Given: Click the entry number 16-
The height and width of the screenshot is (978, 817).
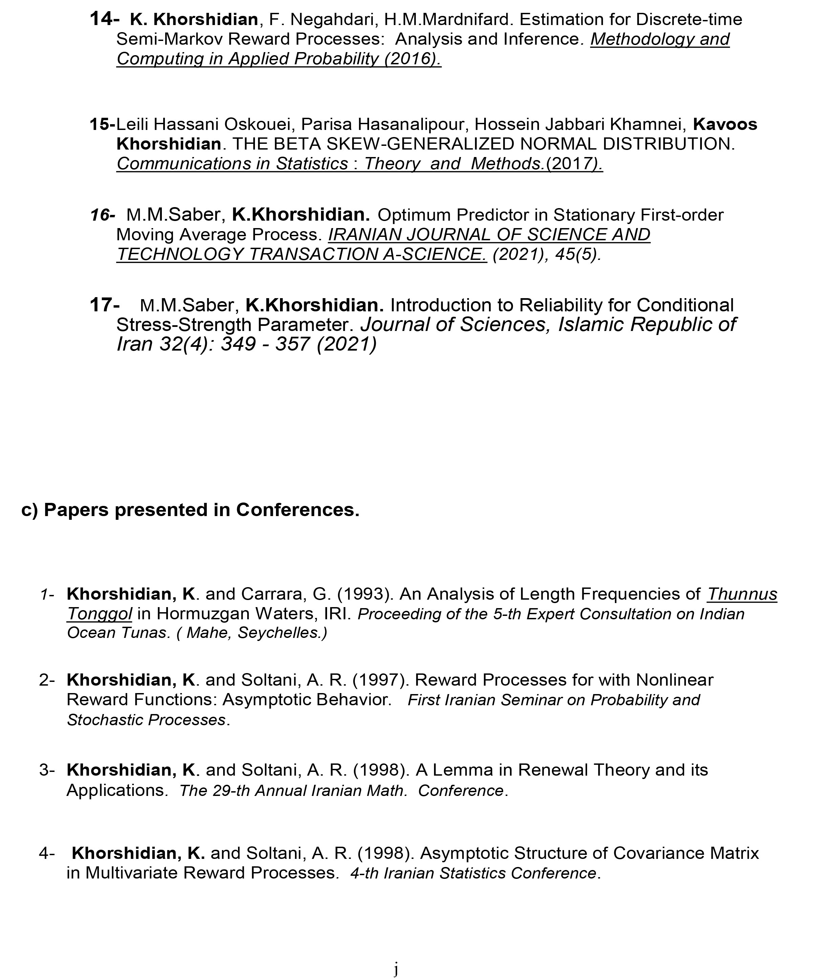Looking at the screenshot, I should point(102,215).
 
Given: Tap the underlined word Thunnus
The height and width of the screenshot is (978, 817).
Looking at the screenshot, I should point(742,594).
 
